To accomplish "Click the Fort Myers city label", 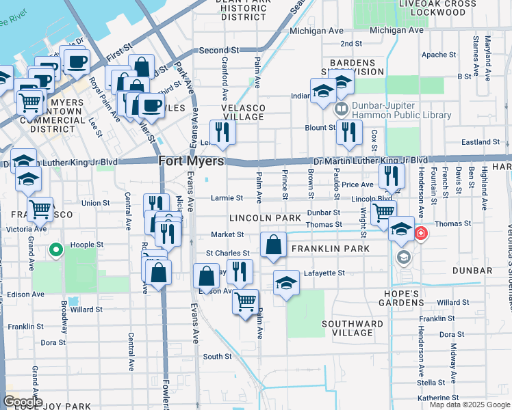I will pyautogui.click(x=191, y=161).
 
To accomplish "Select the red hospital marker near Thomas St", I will pyautogui.click(x=420, y=234).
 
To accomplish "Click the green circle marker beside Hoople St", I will pyautogui.click(x=55, y=250).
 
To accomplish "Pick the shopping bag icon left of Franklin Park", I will pyautogui.click(x=273, y=245).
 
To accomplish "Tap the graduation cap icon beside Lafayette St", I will pyautogui.click(x=286, y=282).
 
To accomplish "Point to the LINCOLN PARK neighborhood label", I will pyautogui.click(x=265, y=218).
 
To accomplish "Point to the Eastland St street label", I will pyautogui.click(x=481, y=142).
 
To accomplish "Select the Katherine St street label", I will pyautogui.click(x=437, y=397).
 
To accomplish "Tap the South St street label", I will pyautogui.click(x=217, y=356).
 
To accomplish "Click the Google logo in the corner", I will pyautogui.click(x=23, y=402).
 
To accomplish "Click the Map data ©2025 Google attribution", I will pyautogui.click(x=469, y=405).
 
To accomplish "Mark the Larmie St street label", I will pyautogui.click(x=229, y=198).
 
